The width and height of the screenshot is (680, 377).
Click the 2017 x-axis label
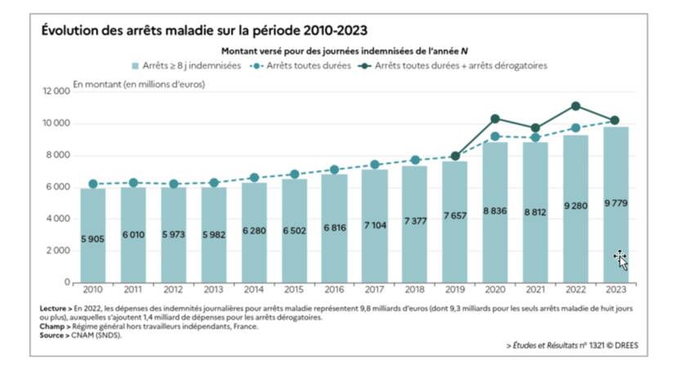(374, 289)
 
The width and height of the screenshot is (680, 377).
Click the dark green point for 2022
(575, 105)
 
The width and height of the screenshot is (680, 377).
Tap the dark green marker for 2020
(494, 119)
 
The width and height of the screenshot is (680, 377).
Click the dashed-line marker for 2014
(253, 177)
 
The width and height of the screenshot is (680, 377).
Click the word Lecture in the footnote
(55, 308)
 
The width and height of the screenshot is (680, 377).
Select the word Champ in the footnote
(53, 326)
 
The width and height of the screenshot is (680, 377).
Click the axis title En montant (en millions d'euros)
(139, 83)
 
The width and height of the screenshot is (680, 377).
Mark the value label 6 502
(293, 231)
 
